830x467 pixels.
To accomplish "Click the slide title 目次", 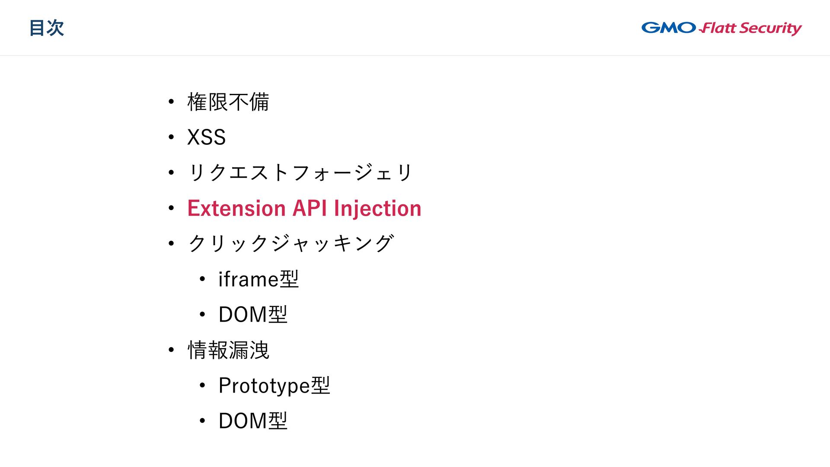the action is pos(47,28).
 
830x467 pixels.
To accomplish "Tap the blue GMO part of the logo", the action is pos(668,28).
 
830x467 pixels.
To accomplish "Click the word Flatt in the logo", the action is pos(718,29).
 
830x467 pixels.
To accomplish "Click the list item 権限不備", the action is pos(228,102).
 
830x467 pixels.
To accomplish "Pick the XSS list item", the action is pos(206,138).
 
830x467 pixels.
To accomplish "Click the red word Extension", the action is pos(236,208).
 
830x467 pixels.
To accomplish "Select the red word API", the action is pos(310,208).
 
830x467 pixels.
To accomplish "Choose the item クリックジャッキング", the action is pos(291,243).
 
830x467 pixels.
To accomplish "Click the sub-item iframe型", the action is pos(259,279).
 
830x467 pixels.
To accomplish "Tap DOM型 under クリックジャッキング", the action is pos(253,314).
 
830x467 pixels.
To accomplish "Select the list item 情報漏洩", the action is pos(228,350).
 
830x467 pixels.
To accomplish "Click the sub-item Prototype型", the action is pos(274,385).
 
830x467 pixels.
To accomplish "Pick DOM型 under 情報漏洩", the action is pos(253,421).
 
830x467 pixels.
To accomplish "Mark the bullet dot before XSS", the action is pos(172,138).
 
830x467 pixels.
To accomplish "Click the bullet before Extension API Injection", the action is pos(172,208).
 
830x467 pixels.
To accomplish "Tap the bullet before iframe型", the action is pos(202,279).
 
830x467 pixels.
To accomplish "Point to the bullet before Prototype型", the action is pos(202,386).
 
